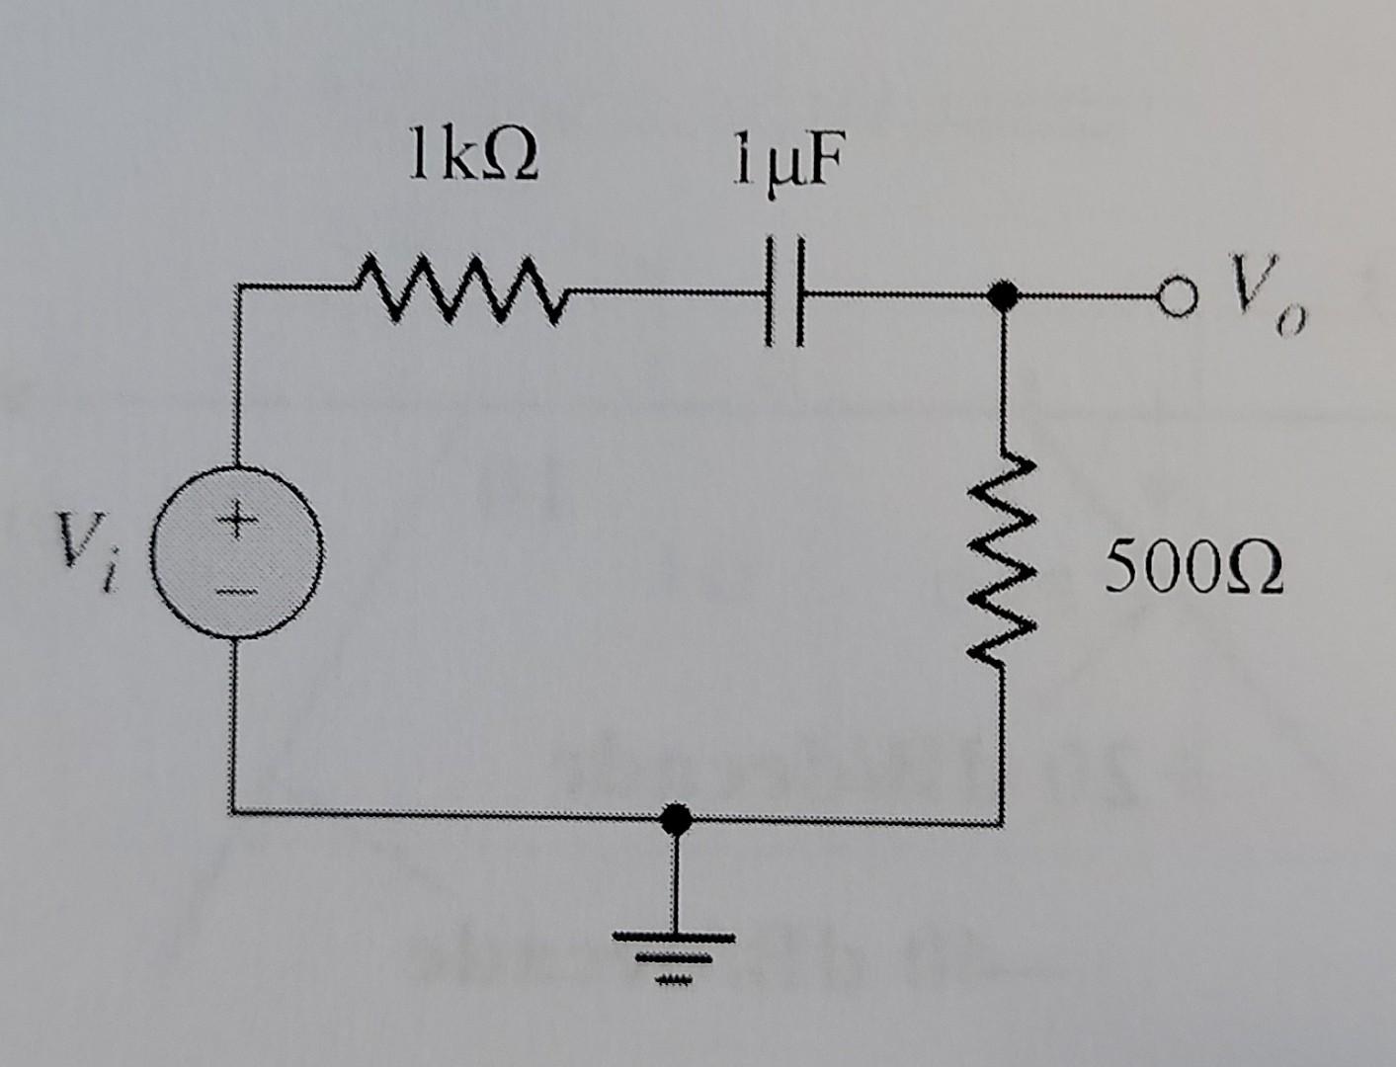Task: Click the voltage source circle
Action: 237,553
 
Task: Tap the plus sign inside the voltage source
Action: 236,516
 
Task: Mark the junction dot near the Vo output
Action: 1003,294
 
